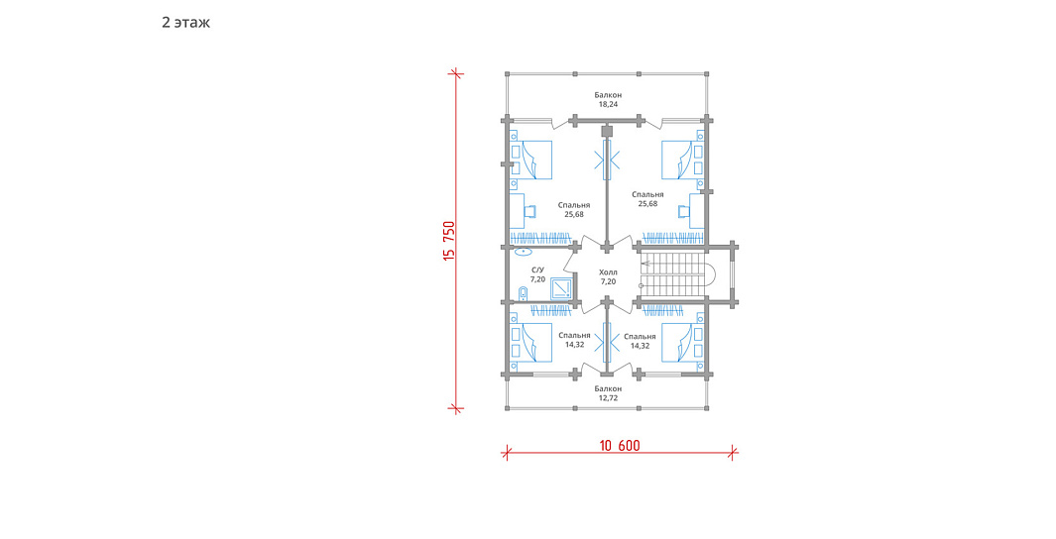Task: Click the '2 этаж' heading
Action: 185,22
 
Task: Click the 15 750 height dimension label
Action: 449,240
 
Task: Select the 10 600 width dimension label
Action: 620,446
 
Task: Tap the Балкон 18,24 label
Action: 608,100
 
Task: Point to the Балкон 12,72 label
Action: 608,393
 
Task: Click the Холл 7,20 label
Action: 608,276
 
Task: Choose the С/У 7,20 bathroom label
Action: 537,273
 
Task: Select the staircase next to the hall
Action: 673,274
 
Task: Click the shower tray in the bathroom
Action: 561,288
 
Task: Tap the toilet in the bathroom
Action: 524,293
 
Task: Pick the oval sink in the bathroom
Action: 524,252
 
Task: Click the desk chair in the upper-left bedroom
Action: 530,211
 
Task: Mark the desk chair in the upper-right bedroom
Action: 683,211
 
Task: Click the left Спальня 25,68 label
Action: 574,209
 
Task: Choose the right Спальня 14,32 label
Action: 640,341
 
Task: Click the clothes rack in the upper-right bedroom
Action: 673,238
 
